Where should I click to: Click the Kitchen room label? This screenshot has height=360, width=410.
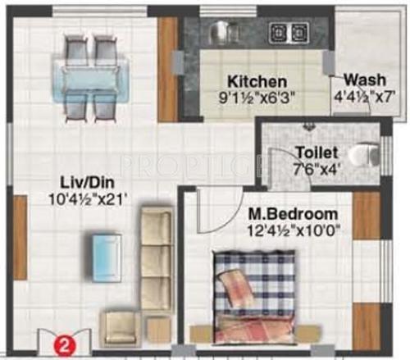(x=257, y=82)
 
